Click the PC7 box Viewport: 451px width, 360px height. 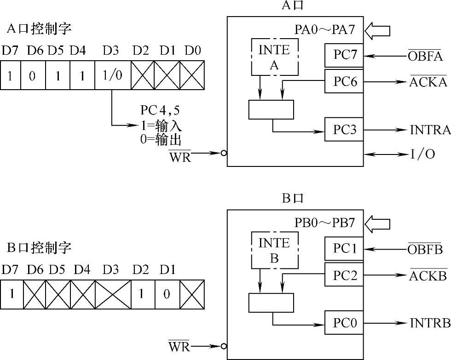coord(344,56)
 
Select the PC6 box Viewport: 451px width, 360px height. coord(344,82)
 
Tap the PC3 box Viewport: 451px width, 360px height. coord(344,130)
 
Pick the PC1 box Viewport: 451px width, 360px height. coord(344,249)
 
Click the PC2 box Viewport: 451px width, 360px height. coord(344,275)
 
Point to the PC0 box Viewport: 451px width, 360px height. coord(344,324)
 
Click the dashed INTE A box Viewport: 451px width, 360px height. coord(274,57)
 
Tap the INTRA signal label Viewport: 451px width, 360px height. coord(430,130)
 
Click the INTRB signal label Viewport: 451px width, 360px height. coord(430,324)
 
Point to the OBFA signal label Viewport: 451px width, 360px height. coord(425,56)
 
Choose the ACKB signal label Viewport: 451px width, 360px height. coord(428,275)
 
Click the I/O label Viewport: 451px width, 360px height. coord(422,154)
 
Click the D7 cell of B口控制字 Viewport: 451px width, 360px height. coord(12,293)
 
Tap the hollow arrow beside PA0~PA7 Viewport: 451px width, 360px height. coord(377,31)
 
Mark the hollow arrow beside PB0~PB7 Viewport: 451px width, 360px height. coord(377,224)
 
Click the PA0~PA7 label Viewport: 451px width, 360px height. coord(324,30)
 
